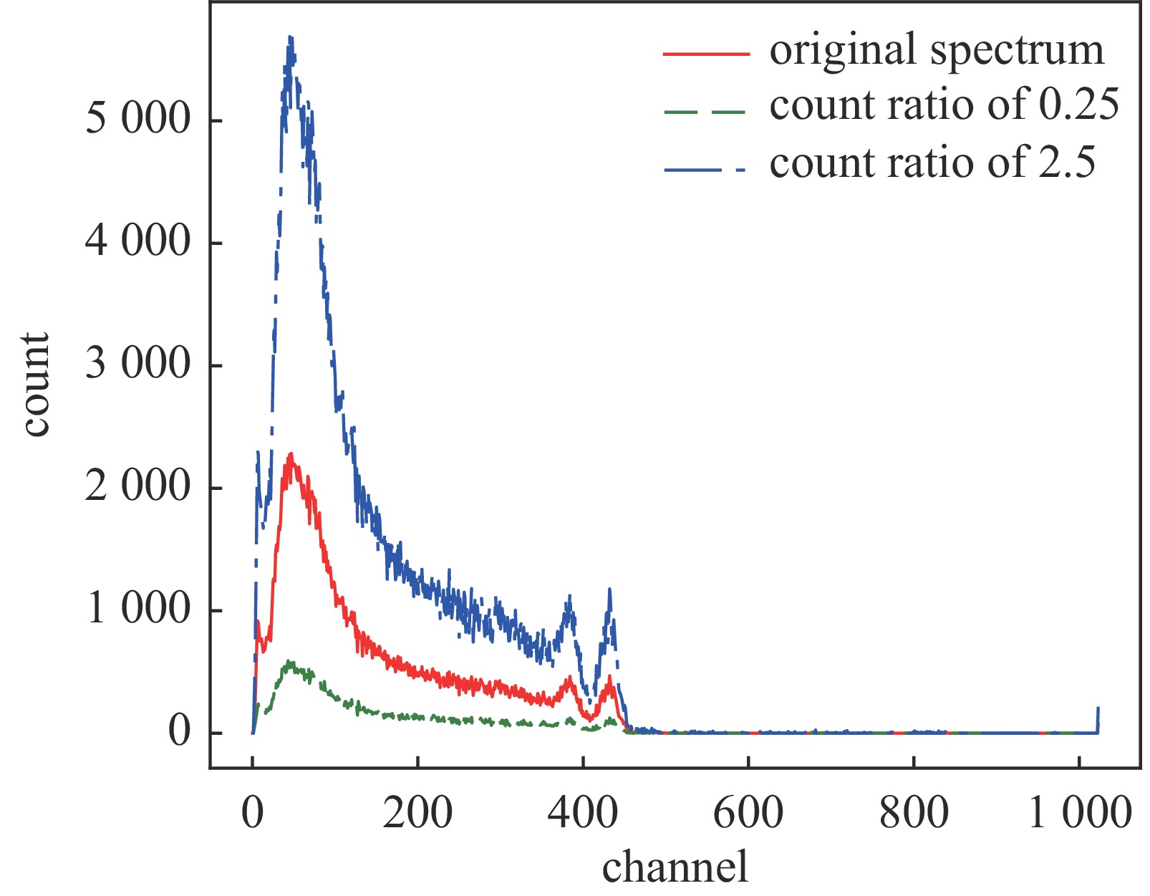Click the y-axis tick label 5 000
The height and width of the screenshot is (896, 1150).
(x=138, y=120)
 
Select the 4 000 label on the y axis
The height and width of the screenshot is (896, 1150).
(x=138, y=242)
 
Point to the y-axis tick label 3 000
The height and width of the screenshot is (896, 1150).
(x=138, y=365)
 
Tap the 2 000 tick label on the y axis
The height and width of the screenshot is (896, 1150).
(x=138, y=488)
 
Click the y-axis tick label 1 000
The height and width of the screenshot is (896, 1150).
(x=138, y=610)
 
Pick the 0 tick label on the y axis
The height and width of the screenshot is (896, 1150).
(x=179, y=732)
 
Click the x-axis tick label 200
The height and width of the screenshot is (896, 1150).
(x=417, y=814)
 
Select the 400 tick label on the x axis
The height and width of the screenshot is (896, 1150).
(x=583, y=814)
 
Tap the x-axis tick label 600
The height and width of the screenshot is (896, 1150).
(x=748, y=814)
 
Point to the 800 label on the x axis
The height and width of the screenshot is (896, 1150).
(x=914, y=814)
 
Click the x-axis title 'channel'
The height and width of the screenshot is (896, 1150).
(x=675, y=867)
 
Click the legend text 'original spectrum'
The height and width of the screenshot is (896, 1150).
(x=937, y=50)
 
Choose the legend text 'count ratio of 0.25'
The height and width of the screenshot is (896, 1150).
(x=944, y=106)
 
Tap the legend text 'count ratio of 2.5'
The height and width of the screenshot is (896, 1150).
(x=932, y=163)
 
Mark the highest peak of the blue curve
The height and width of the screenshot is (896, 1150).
(x=290, y=37)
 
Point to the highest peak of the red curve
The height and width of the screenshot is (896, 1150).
(x=291, y=454)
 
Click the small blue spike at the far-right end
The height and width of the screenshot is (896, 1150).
(x=1098, y=710)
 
